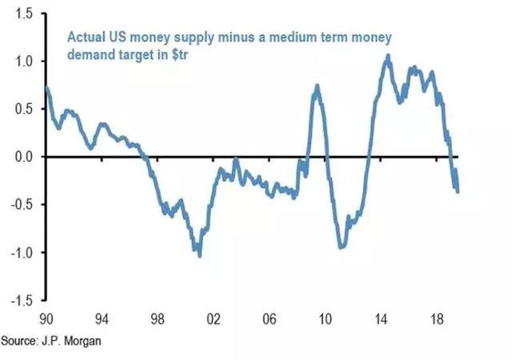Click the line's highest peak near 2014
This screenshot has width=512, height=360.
(388, 55)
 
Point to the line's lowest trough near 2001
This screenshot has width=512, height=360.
(199, 255)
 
